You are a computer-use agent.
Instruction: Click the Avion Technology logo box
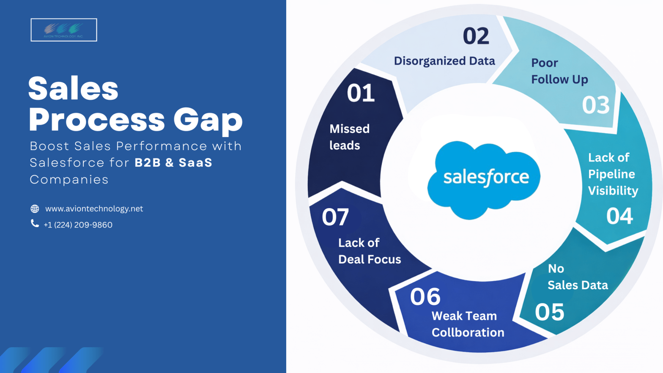[64, 30]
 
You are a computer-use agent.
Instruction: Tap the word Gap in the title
[208, 120]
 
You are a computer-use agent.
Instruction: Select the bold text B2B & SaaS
[173, 163]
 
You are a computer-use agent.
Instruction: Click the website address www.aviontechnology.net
[94, 209]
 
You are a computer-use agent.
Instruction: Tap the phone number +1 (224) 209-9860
[78, 225]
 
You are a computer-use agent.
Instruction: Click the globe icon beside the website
[35, 209]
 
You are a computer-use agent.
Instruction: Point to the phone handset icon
[35, 223]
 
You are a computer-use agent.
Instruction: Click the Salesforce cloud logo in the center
[484, 179]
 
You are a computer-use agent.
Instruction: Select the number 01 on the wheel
[361, 93]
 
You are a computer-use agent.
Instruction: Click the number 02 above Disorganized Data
[476, 36]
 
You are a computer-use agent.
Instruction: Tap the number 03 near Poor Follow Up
[595, 105]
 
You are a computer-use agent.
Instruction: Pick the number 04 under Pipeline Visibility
[619, 216]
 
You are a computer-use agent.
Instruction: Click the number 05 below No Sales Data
[549, 312]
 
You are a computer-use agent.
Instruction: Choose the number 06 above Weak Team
[425, 296]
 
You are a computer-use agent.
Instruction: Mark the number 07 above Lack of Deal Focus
[335, 217]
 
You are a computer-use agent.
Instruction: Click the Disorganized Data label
[444, 61]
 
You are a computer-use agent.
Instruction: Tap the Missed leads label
[349, 137]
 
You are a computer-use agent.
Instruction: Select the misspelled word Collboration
[468, 332]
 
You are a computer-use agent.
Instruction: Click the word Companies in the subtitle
[69, 180]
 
